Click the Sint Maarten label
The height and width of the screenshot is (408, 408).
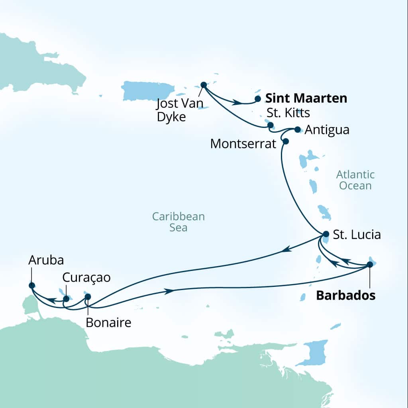click(306, 98)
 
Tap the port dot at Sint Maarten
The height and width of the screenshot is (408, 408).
click(258, 98)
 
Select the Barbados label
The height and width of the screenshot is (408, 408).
click(345, 296)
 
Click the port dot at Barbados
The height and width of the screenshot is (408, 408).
click(369, 264)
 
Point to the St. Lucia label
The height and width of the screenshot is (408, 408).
click(357, 235)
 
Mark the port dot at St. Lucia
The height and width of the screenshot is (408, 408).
click(326, 234)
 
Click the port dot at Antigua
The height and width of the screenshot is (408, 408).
click(297, 129)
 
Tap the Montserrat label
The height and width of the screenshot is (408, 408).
click(243, 144)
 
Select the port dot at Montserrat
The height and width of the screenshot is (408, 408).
click(285, 141)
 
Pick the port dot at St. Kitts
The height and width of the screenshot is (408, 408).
click(271, 125)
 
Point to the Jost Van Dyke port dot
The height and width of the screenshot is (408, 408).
click(204, 84)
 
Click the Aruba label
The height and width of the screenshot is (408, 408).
click(46, 260)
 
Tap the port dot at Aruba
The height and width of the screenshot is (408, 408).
click(32, 285)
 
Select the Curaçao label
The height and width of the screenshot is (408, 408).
click(86, 277)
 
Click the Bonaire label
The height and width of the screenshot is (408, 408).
click(108, 322)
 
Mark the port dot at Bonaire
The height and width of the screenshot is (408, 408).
click(88, 296)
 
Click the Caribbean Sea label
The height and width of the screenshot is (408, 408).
click(178, 222)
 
